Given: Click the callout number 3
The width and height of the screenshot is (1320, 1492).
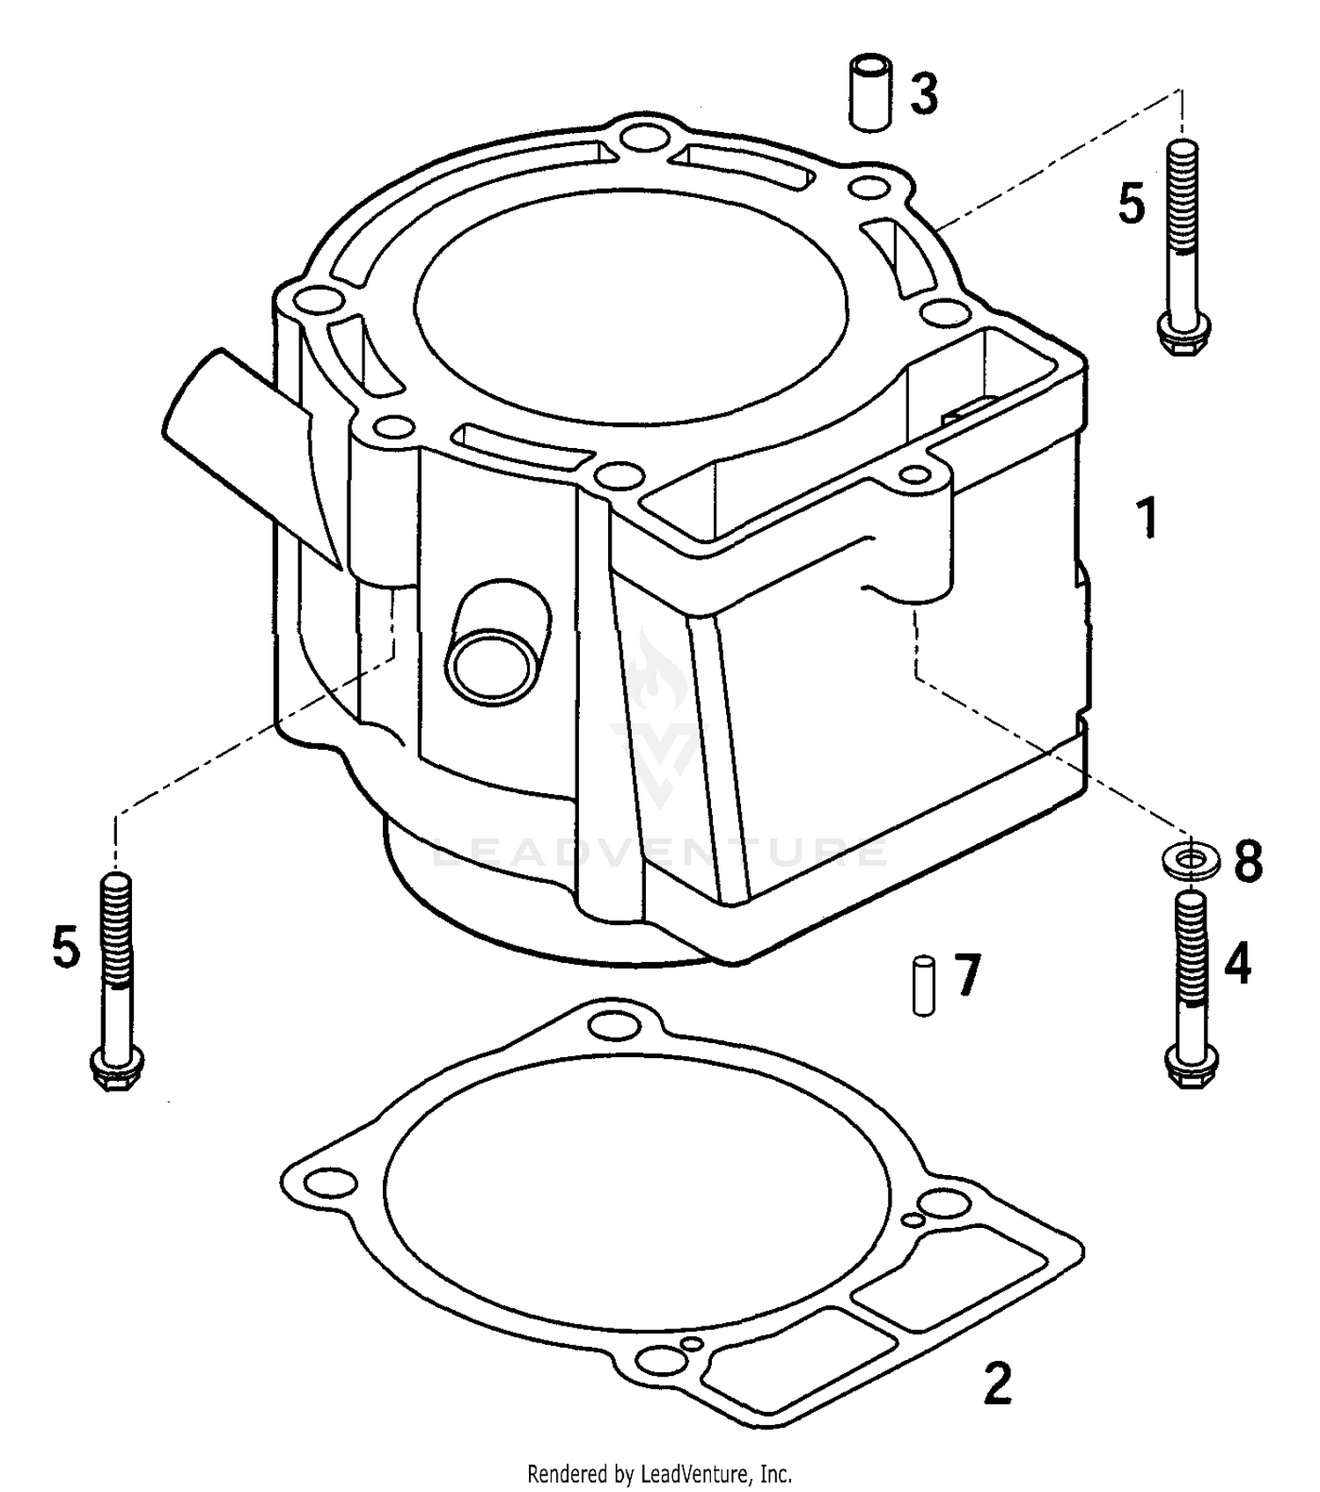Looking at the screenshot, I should tap(923, 94).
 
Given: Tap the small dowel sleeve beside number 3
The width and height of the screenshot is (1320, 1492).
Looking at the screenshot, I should tap(869, 94).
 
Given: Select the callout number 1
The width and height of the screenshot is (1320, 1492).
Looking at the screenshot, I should tap(1147, 518).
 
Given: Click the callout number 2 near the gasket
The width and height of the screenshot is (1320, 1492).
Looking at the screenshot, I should tap(996, 1385).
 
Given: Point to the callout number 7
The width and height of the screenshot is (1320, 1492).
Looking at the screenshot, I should tap(966, 975).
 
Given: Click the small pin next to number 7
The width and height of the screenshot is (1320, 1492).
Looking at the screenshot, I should tap(923, 987).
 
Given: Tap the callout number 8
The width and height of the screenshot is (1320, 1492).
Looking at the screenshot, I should tap(1248, 860).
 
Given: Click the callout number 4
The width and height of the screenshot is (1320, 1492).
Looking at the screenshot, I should tap(1237, 963).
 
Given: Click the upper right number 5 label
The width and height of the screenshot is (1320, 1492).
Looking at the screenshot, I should tap(1132, 203).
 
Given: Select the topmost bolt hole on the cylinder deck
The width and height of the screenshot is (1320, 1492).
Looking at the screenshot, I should tap(647, 137).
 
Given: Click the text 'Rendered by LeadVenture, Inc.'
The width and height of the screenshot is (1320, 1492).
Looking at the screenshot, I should tap(659, 1473).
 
